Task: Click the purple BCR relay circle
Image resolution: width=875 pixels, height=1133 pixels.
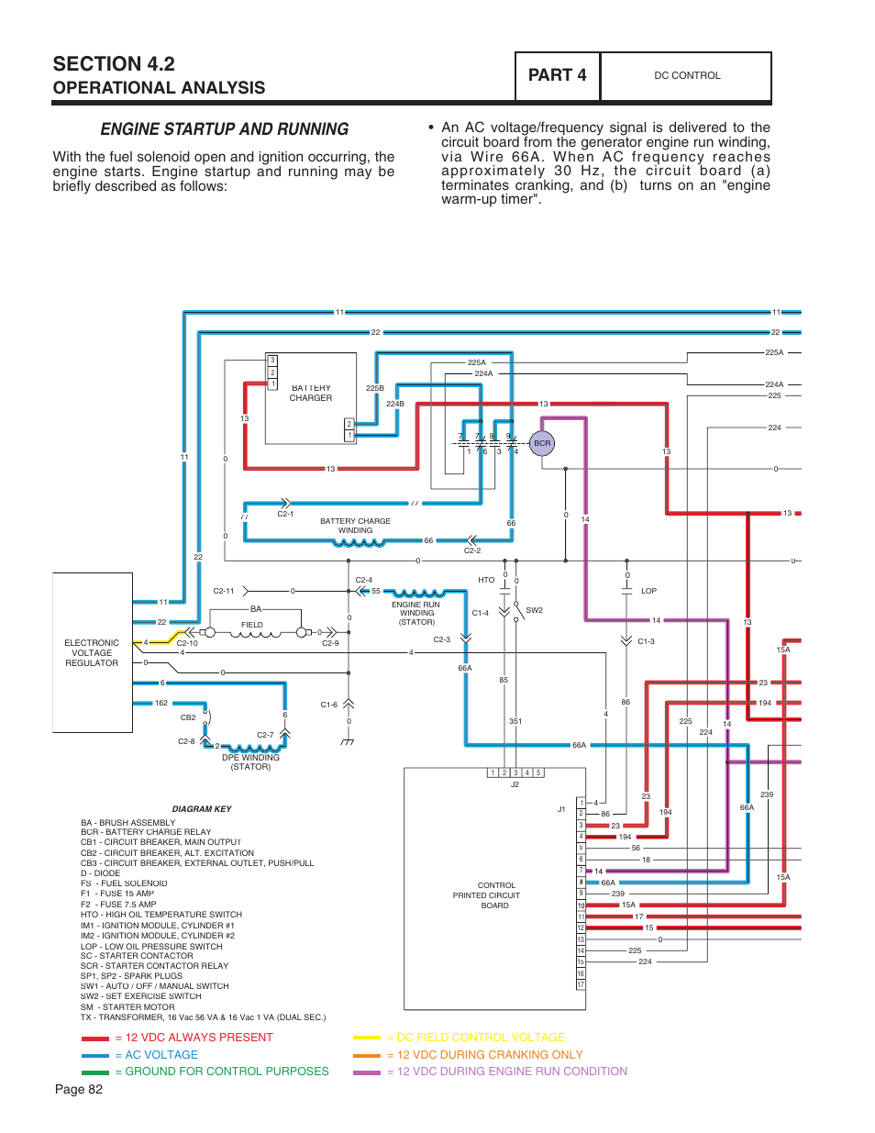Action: tap(542, 443)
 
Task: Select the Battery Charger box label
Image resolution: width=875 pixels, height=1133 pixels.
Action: tap(311, 393)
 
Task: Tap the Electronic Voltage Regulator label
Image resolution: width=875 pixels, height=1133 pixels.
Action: tap(92, 653)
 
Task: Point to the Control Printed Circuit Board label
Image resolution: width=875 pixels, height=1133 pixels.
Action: tap(486, 895)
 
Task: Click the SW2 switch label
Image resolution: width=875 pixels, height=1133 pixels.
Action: tap(534, 610)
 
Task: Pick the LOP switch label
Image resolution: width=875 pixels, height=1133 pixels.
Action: tap(648, 591)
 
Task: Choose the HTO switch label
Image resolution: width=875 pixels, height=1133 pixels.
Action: tap(486, 580)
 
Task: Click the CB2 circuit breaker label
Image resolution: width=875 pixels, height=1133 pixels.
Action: tap(188, 717)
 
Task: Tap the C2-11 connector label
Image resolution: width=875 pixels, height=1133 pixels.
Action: tap(224, 591)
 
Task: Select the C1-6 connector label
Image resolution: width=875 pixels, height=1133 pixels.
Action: tap(329, 705)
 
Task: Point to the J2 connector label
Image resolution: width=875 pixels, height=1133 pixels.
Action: tap(515, 784)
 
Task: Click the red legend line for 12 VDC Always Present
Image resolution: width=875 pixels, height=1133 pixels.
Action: tap(95, 1039)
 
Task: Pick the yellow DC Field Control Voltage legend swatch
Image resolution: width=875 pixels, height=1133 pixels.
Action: tap(367, 1038)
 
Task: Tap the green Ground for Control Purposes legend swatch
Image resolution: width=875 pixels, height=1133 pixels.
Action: tap(95, 1072)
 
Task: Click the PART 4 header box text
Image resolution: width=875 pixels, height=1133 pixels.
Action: tap(557, 75)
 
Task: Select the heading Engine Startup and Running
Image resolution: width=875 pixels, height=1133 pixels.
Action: tap(225, 129)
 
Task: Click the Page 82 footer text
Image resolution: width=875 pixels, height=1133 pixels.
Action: tap(79, 1090)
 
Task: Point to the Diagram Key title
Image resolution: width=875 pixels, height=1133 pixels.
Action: tap(202, 808)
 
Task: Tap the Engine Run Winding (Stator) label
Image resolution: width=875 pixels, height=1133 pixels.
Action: tap(416, 613)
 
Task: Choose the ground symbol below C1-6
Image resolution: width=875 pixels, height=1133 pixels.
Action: tap(348, 741)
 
